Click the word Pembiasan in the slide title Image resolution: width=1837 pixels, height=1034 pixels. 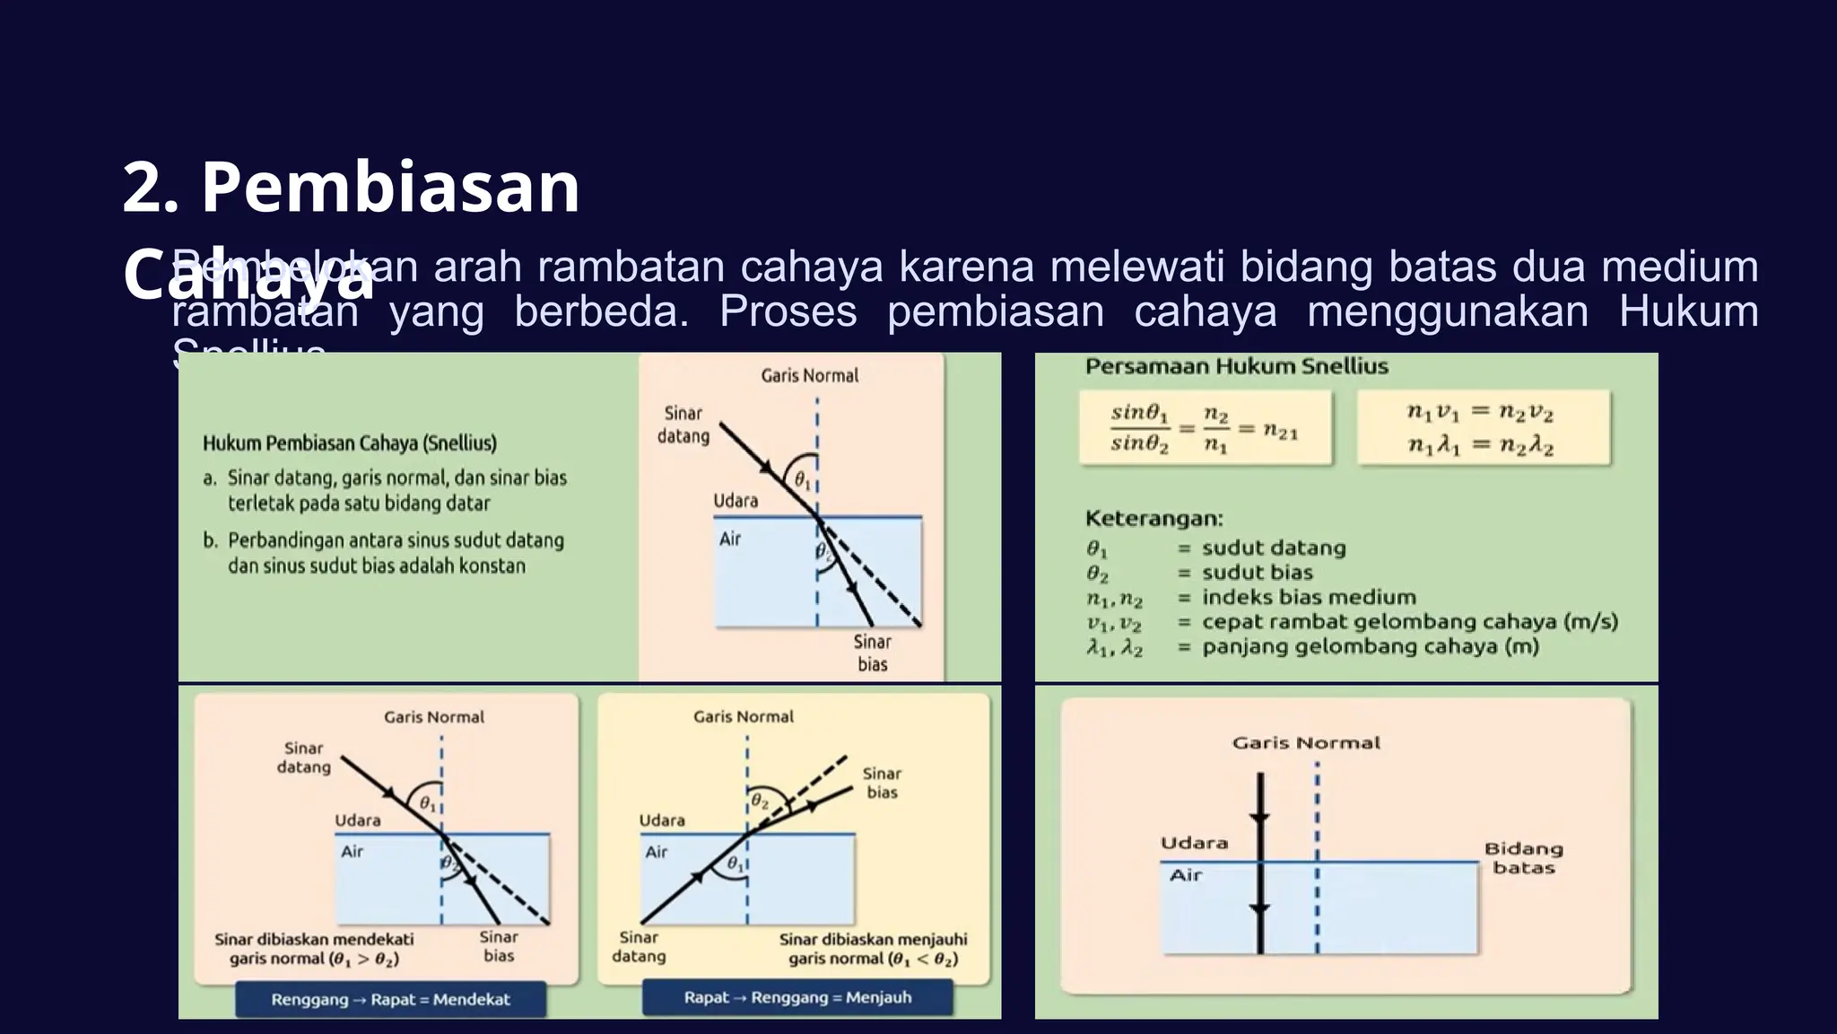tap(390, 188)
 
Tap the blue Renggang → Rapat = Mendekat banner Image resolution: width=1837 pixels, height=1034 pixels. tap(390, 999)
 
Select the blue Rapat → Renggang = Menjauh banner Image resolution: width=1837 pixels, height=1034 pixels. tap(797, 997)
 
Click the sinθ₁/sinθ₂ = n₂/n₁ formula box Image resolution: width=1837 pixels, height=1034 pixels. tap(1205, 428)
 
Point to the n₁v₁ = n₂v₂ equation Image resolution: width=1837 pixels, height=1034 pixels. tap(1480, 412)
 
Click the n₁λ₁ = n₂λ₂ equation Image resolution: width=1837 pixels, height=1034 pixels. tap(1480, 445)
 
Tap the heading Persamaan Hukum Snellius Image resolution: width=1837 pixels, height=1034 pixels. tap(1236, 366)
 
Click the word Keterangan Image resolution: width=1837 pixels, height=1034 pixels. tap(1154, 518)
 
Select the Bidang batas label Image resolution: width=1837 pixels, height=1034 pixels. tap(1523, 858)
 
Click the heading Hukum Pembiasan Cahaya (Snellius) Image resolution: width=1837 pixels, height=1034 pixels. tap(350, 443)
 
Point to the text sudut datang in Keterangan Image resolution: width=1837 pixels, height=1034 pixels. tap(1274, 548)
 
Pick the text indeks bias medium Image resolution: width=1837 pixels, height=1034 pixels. tap(1309, 597)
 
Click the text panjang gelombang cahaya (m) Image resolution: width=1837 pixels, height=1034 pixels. tap(1370, 646)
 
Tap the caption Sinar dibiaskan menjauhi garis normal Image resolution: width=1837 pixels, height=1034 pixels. tap(873, 949)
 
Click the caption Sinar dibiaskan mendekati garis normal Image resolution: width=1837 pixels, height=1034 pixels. tap(314, 949)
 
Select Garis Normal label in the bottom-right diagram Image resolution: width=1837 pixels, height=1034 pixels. tap(1306, 742)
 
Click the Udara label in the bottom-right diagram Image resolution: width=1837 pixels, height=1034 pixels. tap(1194, 843)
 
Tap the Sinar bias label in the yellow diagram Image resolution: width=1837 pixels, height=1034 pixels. tap(882, 783)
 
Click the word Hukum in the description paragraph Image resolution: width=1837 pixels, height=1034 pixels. tap(1688, 311)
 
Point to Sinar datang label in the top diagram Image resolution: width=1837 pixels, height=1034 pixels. tap(683, 425)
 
